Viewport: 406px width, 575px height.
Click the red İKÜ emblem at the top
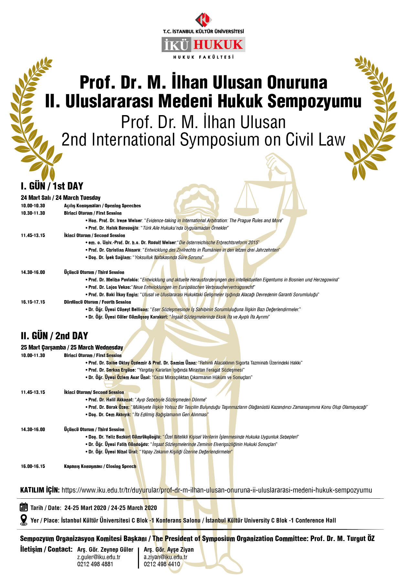(x=203, y=20)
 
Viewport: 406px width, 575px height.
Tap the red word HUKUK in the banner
(x=218, y=45)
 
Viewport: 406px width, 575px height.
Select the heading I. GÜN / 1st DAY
(x=52, y=186)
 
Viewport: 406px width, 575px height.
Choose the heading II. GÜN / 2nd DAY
(x=54, y=336)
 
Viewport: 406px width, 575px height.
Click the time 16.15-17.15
(x=33, y=302)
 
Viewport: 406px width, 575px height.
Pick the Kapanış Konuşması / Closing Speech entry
(x=100, y=466)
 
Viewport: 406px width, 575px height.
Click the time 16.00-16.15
(x=33, y=466)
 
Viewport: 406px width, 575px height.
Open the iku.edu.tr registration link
(x=217, y=490)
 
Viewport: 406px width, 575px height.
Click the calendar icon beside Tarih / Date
(x=24, y=507)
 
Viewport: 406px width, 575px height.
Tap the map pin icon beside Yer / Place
(x=24, y=520)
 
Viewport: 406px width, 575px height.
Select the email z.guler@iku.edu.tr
(x=99, y=557)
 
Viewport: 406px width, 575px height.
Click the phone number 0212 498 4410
(x=162, y=564)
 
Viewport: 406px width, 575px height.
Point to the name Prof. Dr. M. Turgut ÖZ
(x=342, y=538)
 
